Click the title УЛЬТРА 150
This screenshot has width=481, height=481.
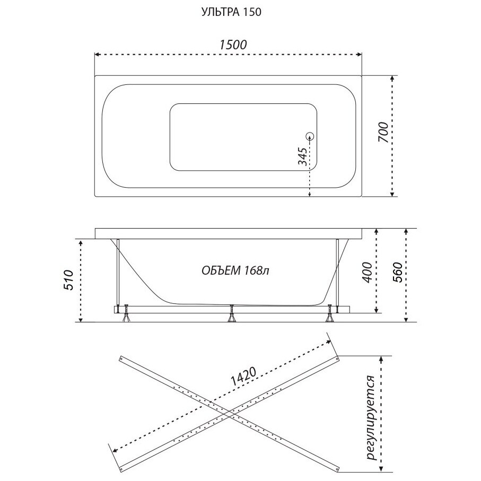231,12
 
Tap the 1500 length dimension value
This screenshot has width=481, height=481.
233,45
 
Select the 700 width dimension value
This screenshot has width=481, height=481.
383,132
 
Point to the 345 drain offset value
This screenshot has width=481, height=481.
302,156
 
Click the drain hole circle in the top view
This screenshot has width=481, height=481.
310,136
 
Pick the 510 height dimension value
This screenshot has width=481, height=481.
68,281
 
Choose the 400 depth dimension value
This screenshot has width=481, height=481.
367,273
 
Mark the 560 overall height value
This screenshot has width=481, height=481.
397,273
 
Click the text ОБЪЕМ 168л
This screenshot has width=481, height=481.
235,270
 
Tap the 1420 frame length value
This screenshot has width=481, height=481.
243,377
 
